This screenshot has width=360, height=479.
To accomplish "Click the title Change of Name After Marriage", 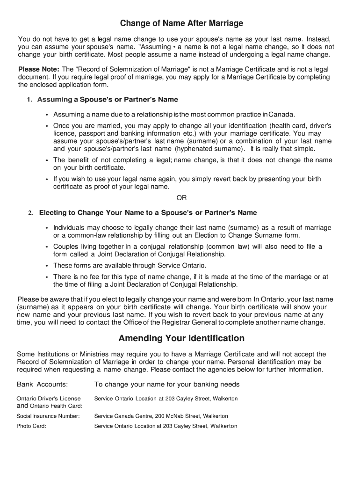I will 181,23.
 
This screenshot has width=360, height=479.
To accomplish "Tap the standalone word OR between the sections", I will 181,197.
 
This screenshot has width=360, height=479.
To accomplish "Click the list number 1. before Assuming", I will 30,100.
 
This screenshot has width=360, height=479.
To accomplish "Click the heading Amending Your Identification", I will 181,338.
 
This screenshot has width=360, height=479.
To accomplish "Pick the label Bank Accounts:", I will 43,385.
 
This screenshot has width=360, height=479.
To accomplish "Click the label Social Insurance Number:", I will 48,416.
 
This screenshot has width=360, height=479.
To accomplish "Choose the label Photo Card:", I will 31,426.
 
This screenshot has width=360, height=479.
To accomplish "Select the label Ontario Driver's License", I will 49,399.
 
